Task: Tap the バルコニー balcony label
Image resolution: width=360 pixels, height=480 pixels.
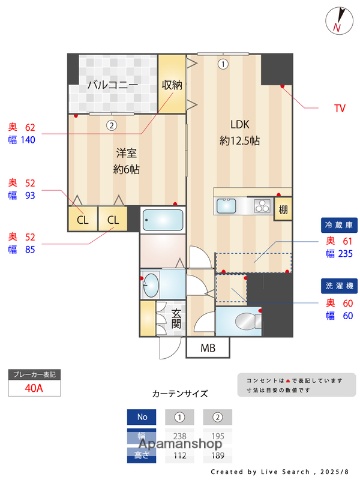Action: pos(112,85)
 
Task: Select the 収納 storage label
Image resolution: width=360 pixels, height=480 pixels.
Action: pos(172,85)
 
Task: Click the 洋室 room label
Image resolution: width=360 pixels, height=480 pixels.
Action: pos(126,154)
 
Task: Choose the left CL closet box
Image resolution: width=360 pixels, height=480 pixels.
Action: pos(82,219)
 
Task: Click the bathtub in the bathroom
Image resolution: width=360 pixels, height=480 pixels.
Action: pos(163,220)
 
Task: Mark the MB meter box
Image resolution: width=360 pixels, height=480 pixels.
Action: pos(208,348)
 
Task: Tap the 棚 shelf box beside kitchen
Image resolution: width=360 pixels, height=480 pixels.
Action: pos(283,208)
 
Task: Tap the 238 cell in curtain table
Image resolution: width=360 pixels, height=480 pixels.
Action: pos(180,437)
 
